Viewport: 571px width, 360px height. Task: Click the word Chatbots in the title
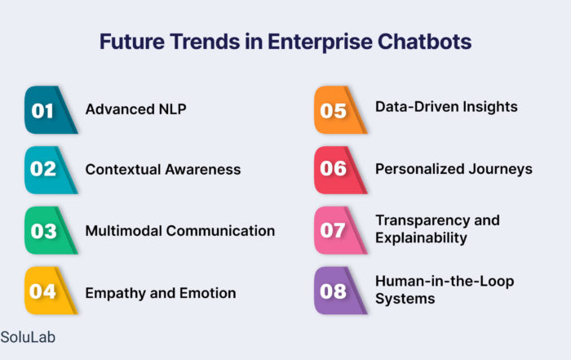[x=425, y=41]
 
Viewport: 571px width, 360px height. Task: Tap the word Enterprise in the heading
[x=320, y=42]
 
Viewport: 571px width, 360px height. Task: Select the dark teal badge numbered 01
[x=51, y=110]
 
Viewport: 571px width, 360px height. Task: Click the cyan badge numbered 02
[x=51, y=170]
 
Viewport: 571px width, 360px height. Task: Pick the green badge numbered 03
[x=51, y=230]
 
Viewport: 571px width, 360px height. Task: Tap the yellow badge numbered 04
[x=51, y=291]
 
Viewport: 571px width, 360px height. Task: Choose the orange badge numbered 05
[x=341, y=110]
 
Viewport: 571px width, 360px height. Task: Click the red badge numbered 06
[x=341, y=170]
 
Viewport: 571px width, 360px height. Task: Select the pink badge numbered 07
[x=341, y=230]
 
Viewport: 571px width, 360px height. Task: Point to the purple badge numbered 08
[x=341, y=291]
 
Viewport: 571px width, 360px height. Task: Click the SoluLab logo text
[x=28, y=337]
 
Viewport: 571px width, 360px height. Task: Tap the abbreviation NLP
[x=173, y=109]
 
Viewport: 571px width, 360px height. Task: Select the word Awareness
[x=203, y=170]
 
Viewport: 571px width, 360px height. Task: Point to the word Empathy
[x=115, y=293]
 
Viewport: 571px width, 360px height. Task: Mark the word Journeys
[x=500, y=169]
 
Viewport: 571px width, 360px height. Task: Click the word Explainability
[x=421, y=238]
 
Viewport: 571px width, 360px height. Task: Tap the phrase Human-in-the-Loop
[x=445, y=282]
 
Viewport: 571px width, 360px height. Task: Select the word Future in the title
[x=132, y=42]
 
